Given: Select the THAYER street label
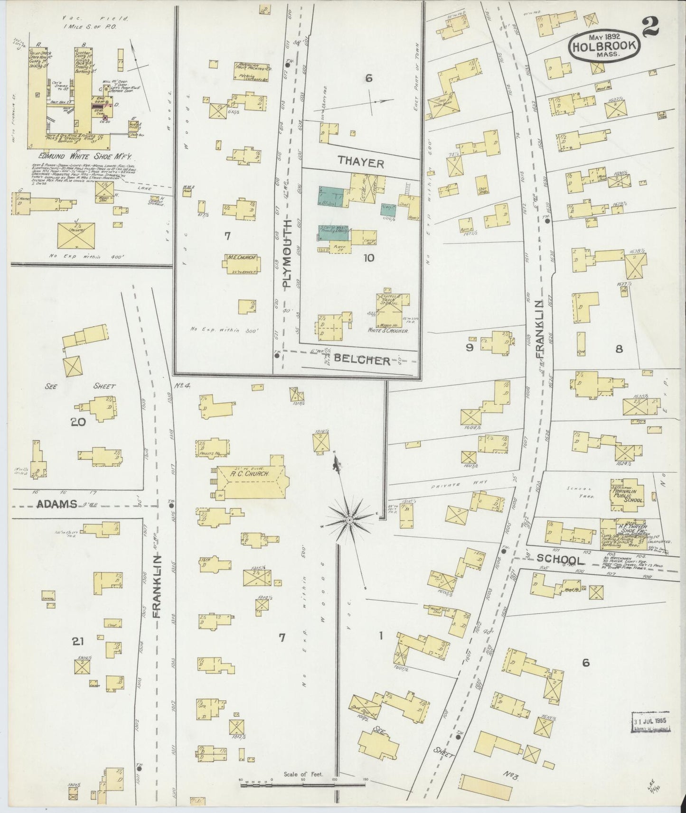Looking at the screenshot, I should (361, 163).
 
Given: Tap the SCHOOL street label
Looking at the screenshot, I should (560, 560).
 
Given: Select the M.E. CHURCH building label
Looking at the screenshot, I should (242, 258).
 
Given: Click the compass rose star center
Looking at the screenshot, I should (349, 520).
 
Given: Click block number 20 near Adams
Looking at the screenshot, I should (78, 421).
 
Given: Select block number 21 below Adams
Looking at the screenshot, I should (78, 641).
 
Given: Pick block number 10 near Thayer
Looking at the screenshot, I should (368, 258).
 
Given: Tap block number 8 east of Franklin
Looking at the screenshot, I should (619, 349).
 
